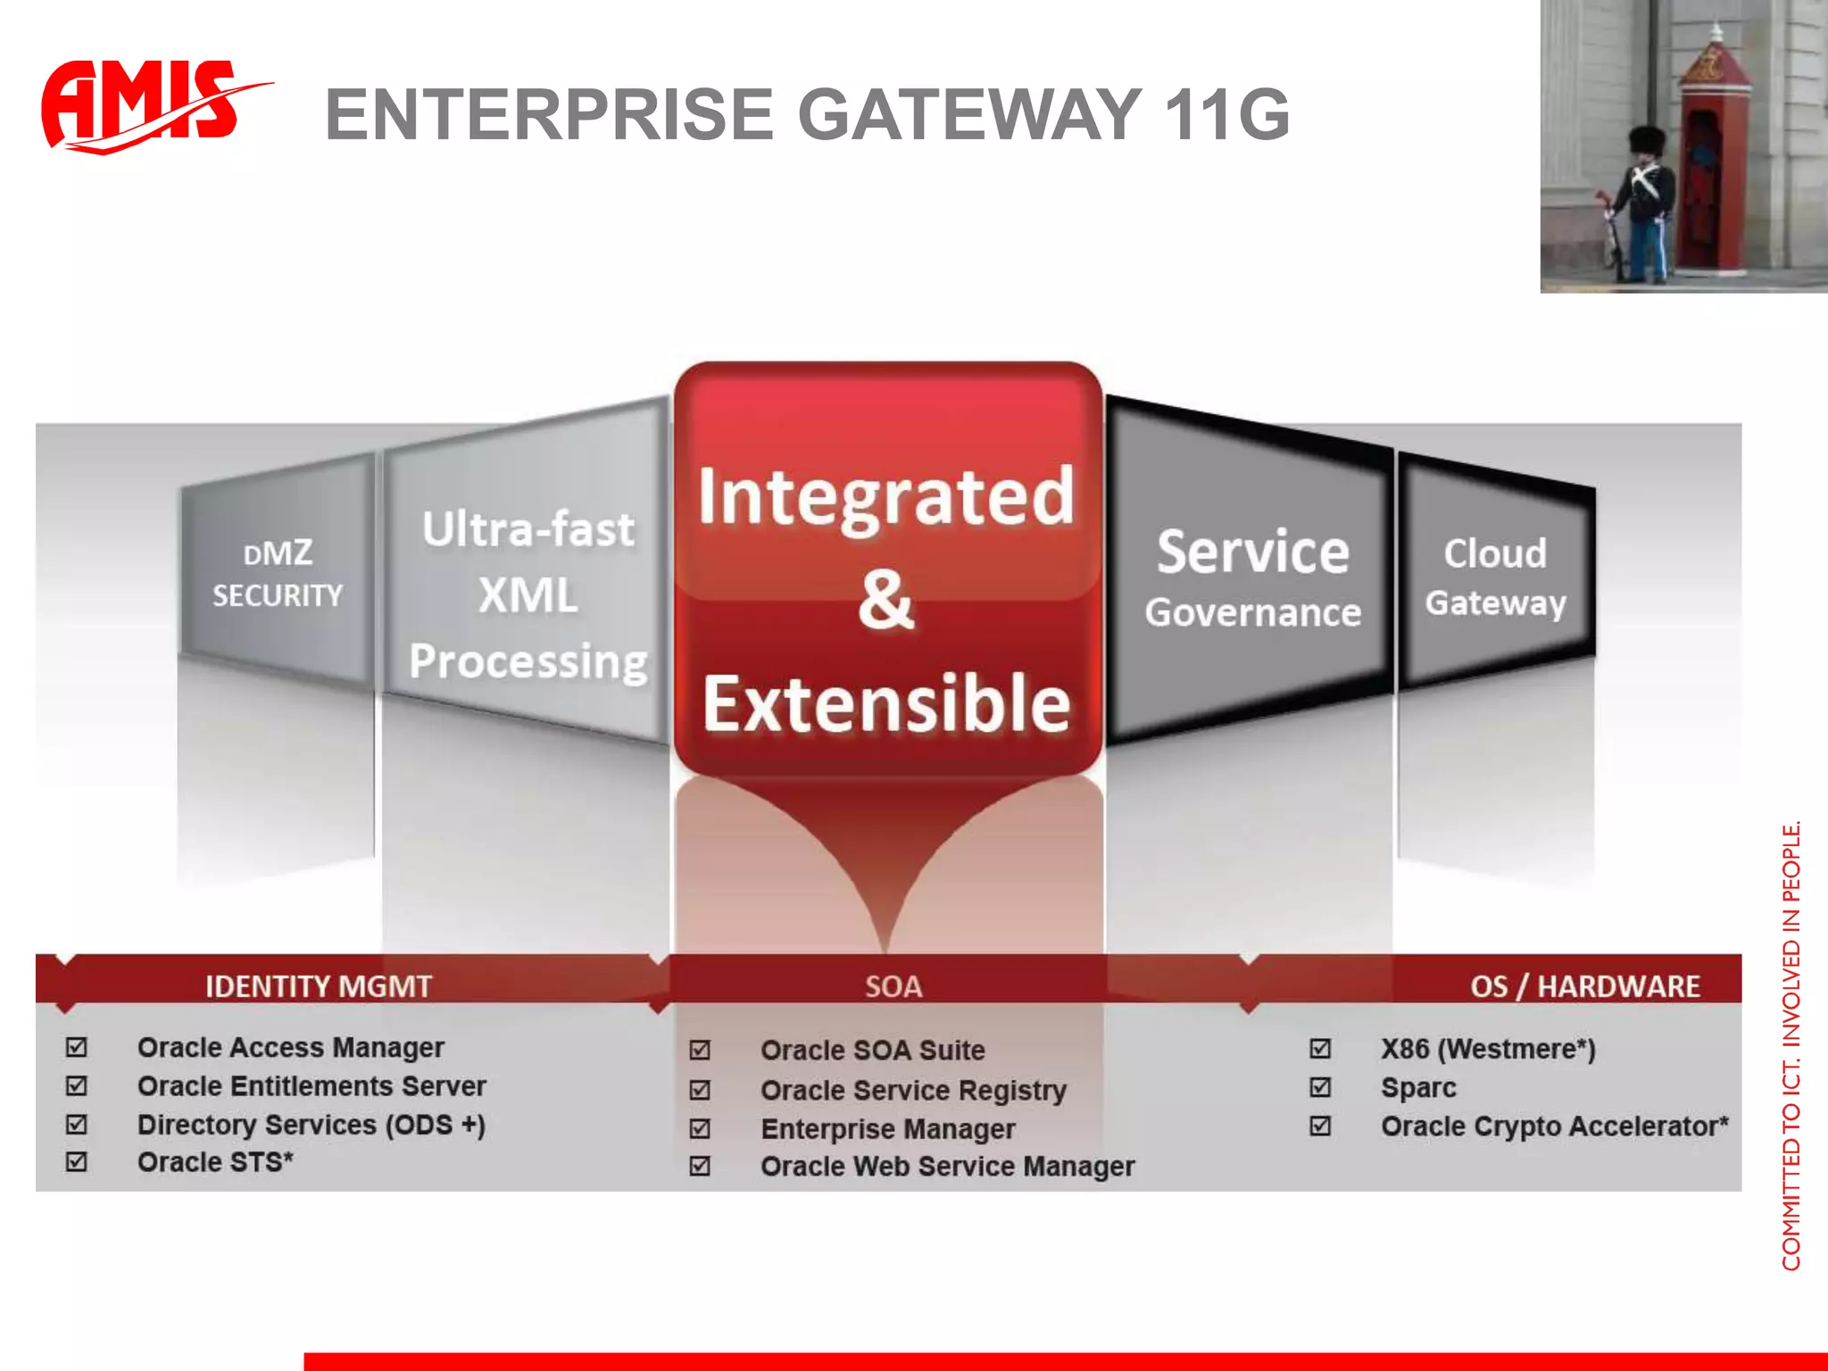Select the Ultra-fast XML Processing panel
(x=528, y=594)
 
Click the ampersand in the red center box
(x=885, y=600)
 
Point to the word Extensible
(x=885, y=703)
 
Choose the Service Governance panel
(x=1252, y=578)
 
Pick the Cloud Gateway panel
(x=1495, y=577)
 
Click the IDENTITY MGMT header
(x=319, y=986)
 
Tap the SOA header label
(x=893, y=986)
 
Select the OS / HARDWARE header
(x=1584, y=986)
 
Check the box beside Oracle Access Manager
(x=77, y=1047)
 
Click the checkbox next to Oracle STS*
(x=77, y=1161)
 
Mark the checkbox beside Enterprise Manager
(x=701, y=1128)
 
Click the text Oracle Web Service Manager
(x=947, y=1167)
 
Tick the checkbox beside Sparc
(x=1320, y=1087)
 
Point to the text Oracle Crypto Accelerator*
(x=1554, y=1126)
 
